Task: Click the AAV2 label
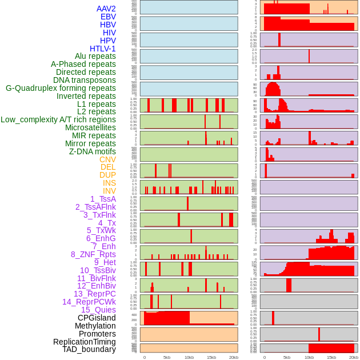[x=106, y=9]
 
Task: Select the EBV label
[x=107, y=17]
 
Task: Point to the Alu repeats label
[x=95, y=56]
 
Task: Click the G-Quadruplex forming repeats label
[x=61, y=88]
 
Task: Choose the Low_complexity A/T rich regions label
[x=58, y=119]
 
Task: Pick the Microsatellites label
[x=90, y=127]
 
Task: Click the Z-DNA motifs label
[x=92, y=151]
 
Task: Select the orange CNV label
[x=107, y=159]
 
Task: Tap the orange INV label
[x=109, y=191]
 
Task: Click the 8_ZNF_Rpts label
[x=93, y=254]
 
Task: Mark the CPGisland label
[x=97, y=318]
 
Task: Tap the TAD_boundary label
[x=89, y=349]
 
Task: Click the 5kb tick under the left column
[x=167, y=357]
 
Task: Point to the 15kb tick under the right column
[x=331, y=357]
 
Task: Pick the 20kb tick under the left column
[x=234, y=357]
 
